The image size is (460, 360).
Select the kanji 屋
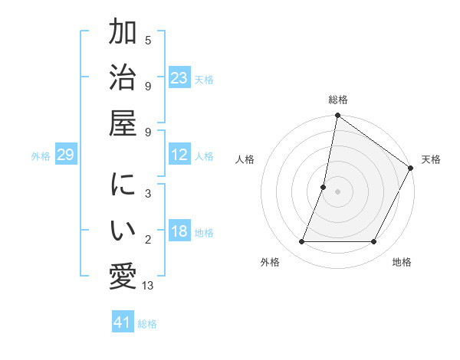point(123,123)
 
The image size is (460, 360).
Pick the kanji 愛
point(123,276)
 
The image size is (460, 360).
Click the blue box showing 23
point(179,77)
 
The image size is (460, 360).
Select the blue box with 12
point(179,155)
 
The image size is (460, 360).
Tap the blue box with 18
point(179,231)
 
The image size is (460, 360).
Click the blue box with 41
point(123,322)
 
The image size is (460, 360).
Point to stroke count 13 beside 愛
point(148,286)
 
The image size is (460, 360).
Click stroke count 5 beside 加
point(148,40)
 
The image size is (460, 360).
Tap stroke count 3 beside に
point(148,194)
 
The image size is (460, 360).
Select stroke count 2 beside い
point(148,240)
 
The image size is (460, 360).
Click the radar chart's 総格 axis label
point(337,100)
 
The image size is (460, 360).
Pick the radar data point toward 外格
point(302,242)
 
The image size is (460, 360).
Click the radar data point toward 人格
point(324,187)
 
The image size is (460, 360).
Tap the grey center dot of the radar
point(337,191)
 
